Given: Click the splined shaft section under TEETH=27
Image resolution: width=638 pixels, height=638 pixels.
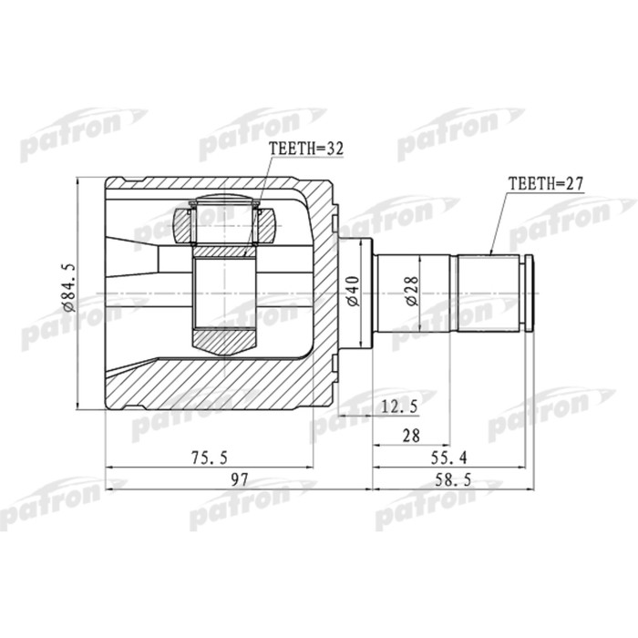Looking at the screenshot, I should tap(488, 293).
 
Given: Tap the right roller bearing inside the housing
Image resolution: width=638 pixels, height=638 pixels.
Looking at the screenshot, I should tap(267, 221).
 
